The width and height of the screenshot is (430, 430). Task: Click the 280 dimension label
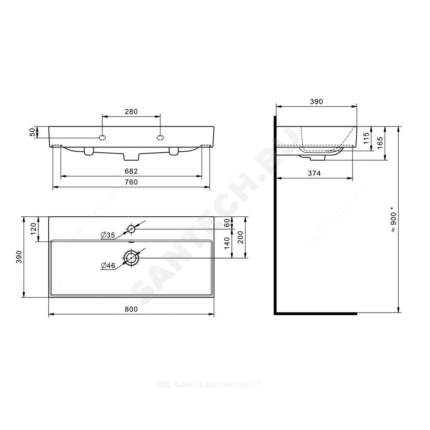tap(131, 112)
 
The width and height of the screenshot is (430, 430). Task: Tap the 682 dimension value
tap(131, 171)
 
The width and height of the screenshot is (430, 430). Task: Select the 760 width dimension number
tap(131, 182)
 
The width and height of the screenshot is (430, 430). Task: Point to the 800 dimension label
tap(131, 309)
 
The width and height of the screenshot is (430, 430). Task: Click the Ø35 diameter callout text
tap(108, 235)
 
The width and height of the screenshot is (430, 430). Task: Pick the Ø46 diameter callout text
tap(108, 265)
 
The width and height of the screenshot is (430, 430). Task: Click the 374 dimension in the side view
tap(314, 173)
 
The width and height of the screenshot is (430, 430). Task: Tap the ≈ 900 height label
tap(393, 222)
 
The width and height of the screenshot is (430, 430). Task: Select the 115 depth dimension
tap(366, 138)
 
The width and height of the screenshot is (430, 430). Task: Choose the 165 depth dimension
tap(380, 143)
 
